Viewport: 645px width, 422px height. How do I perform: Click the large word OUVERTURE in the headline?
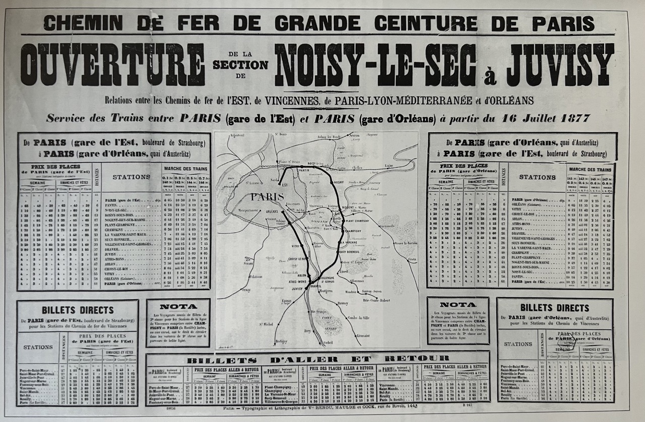[x=112, y=65]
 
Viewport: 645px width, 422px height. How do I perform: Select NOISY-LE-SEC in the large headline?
[x=375, y=65]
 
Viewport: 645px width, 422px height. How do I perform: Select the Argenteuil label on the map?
[x=240, y=136]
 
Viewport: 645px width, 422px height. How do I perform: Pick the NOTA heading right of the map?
[x=458, y=305]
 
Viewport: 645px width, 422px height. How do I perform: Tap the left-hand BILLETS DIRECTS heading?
[x=78, y=310]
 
